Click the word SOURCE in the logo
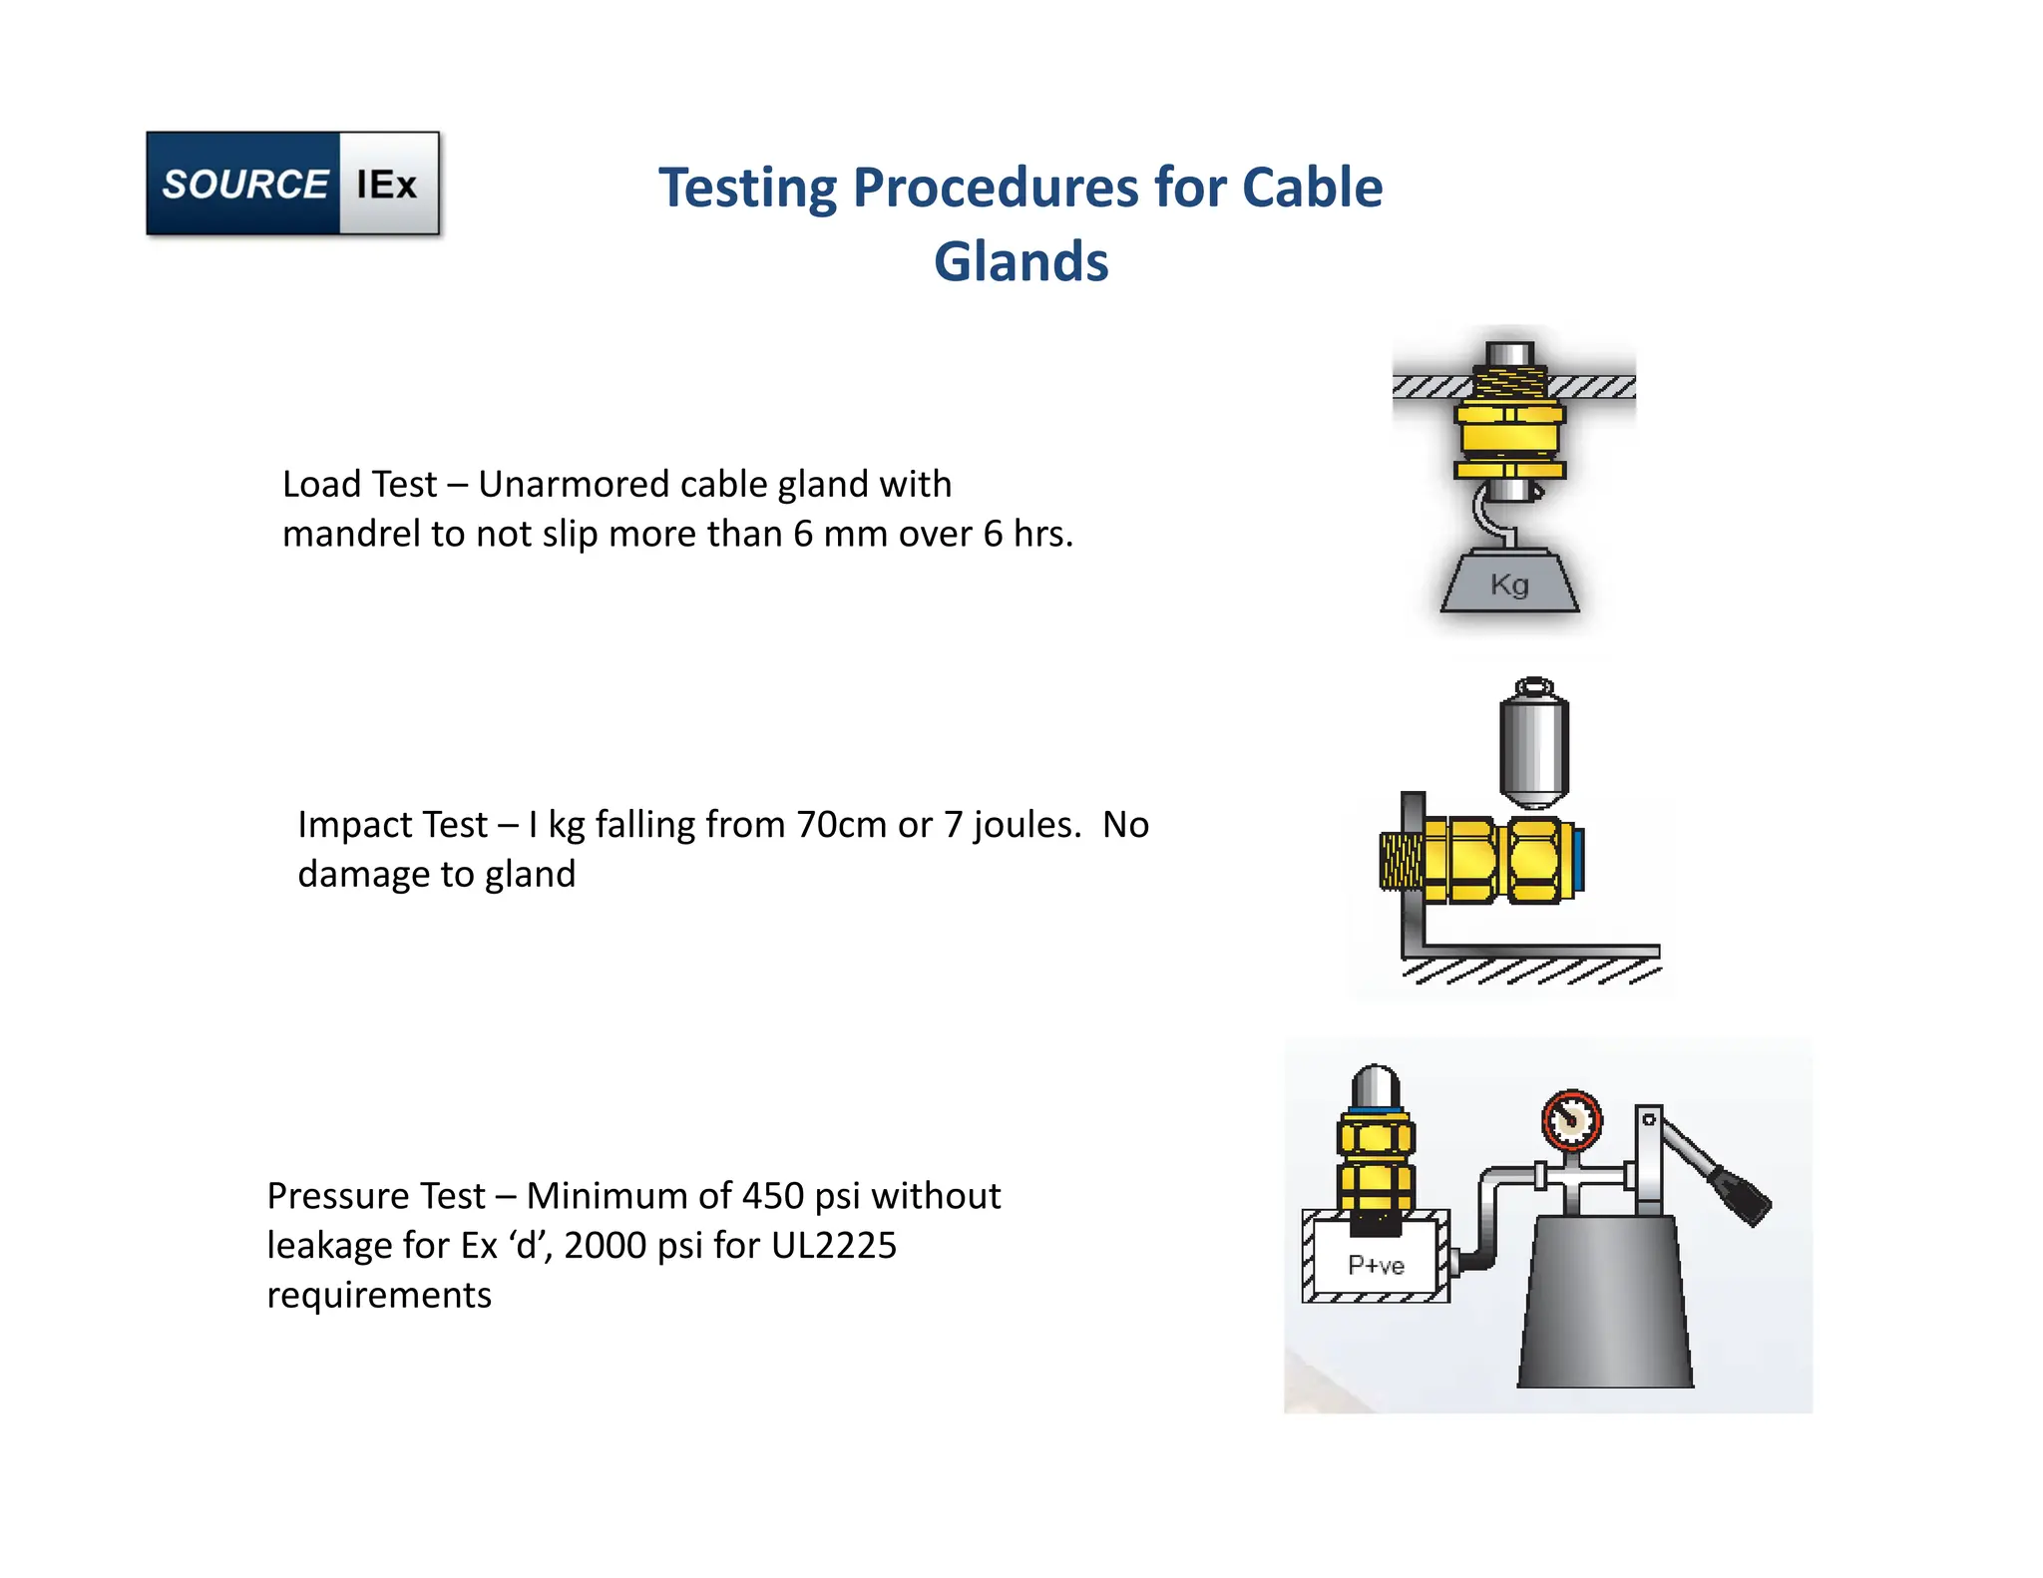pos(244,185)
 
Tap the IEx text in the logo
pos(387,185)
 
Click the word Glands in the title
pos(1021,261)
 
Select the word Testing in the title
pos(747,189)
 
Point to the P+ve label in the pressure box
pos(1376,1265)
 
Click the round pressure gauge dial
pos(1572,1119)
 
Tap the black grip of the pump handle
pos(1740,1195)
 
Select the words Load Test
pos(359,485)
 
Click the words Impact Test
pos(392,825)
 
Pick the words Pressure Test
pos(376,1196)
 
